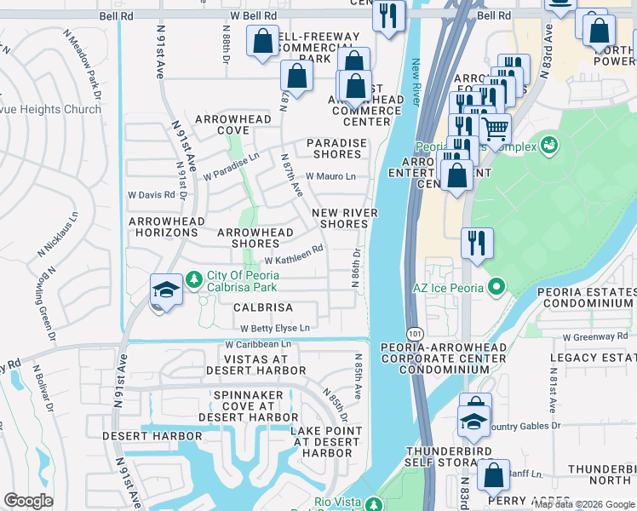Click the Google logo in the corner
coord(28,501)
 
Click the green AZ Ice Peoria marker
coord(493,288)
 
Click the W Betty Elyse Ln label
coord(275,328)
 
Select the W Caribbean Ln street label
coord(257,344)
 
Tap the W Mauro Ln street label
coord(330,176)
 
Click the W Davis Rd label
coord(151,195)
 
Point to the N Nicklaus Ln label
coord(56,234)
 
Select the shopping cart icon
coord(495,129)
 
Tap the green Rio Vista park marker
coord(373,503)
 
